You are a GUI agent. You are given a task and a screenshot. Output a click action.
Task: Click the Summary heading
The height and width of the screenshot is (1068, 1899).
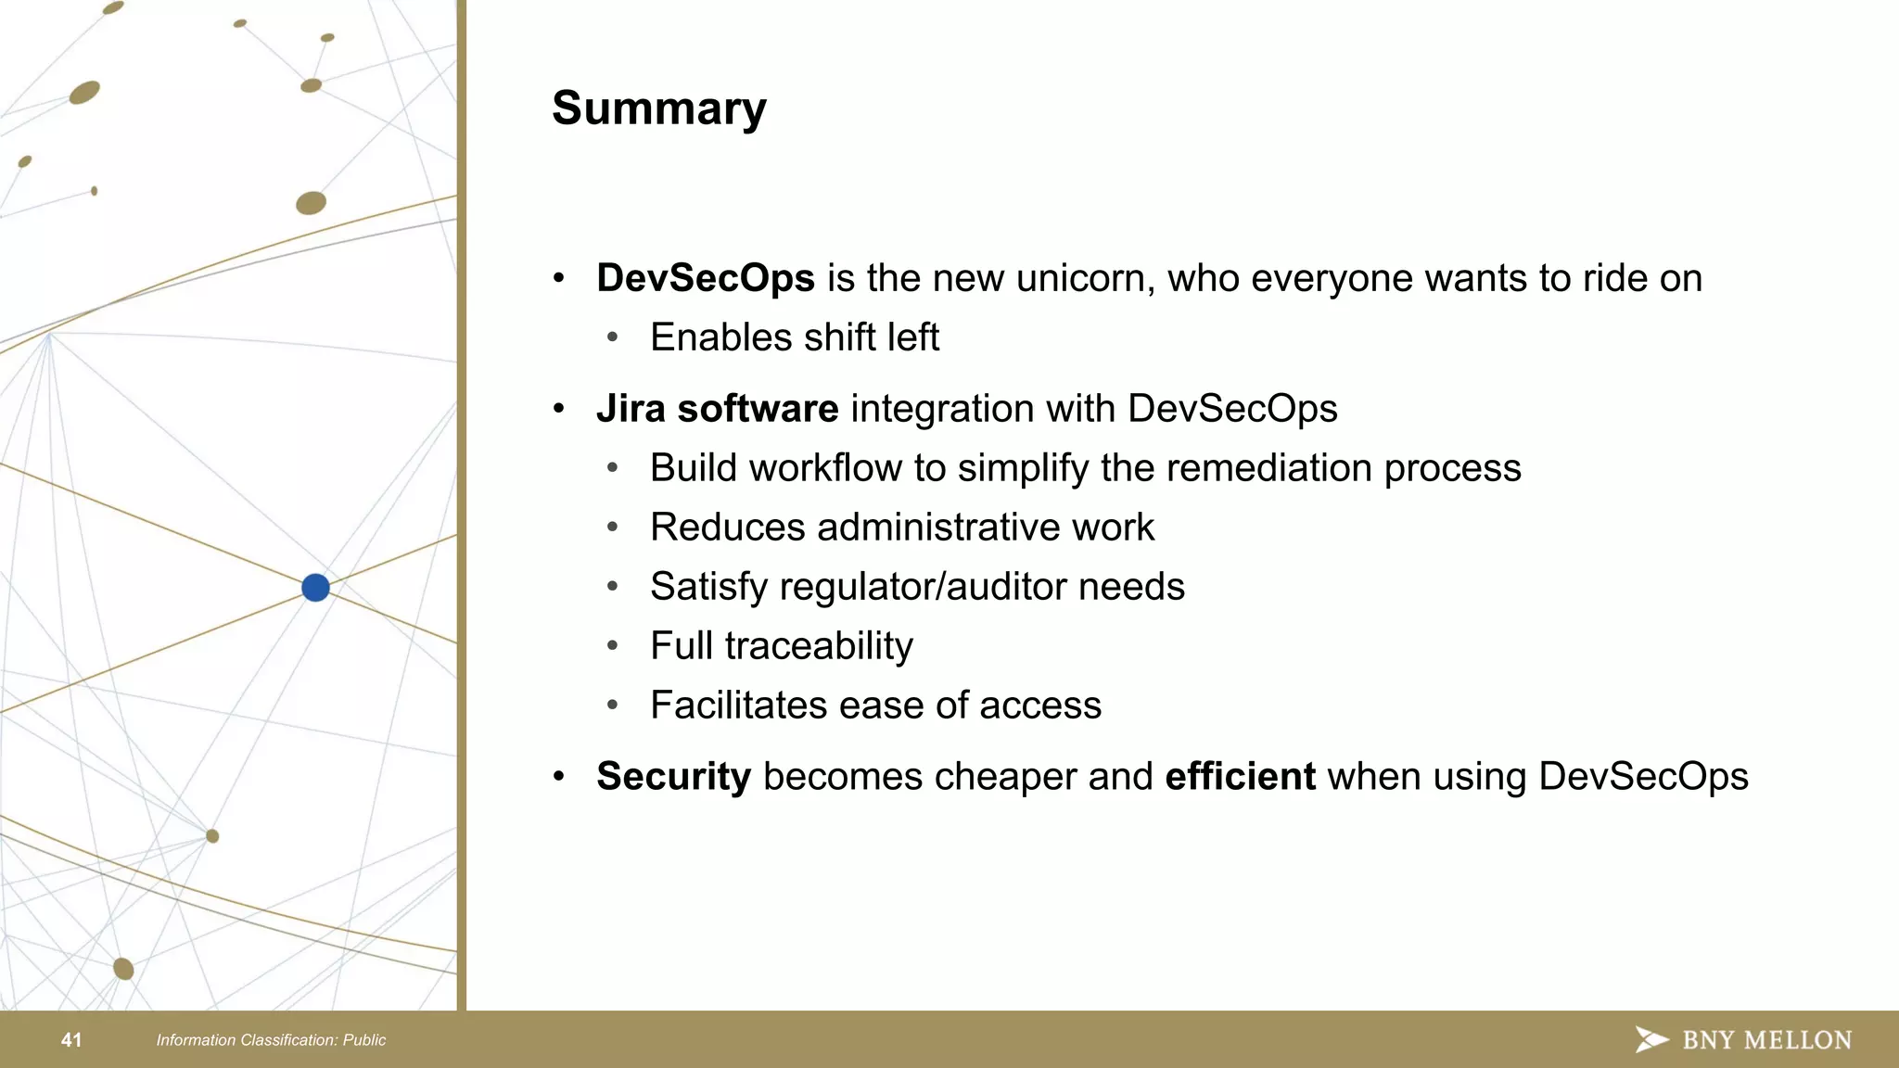pos(658,108)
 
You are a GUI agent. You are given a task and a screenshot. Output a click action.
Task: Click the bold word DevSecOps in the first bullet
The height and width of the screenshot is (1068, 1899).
pos(705,278)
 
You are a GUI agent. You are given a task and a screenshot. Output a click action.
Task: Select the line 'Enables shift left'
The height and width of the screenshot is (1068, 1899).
pos(794,337)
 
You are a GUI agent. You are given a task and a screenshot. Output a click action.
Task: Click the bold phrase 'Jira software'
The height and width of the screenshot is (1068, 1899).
pos(717,409)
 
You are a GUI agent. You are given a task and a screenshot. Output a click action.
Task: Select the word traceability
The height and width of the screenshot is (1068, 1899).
pos(819,646)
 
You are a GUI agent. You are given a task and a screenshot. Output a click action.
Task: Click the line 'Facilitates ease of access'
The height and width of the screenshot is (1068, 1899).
pos(875,706)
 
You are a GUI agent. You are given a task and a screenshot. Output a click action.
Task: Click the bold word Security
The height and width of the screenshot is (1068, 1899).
pos(673,777)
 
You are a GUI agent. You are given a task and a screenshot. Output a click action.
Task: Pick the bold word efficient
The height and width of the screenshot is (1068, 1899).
pos(1240,777)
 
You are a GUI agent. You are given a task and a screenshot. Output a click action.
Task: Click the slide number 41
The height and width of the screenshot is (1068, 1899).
pos(71,1040)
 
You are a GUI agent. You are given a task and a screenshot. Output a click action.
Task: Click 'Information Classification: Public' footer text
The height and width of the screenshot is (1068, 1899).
pos(271,1040)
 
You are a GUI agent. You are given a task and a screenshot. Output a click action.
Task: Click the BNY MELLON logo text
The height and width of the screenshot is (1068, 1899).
pos(1766,1040)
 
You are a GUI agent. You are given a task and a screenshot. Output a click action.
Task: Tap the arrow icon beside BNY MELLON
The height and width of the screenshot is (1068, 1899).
pos(1650,1039)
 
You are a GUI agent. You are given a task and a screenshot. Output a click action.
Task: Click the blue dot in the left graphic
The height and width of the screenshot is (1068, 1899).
pos(315,587)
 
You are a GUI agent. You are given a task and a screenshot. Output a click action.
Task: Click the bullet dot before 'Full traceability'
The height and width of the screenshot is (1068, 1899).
pos(612,646)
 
